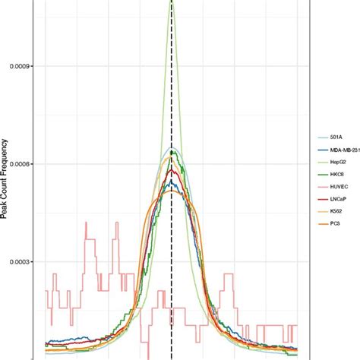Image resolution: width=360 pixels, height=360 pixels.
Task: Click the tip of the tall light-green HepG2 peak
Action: click(x=172, y=2)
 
